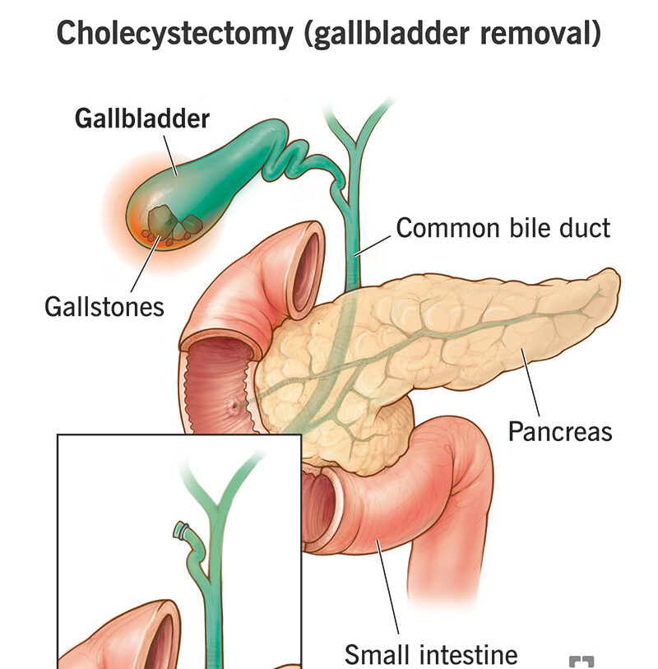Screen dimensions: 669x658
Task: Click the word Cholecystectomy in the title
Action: point(172,34)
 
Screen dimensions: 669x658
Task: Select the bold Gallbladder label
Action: point(142,118)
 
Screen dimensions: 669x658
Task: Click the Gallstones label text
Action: point(104,306)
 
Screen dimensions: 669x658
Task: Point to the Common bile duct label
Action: point(503,228)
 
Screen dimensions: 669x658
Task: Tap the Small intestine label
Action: point(431,655)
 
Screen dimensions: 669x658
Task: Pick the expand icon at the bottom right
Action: point(581,662)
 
